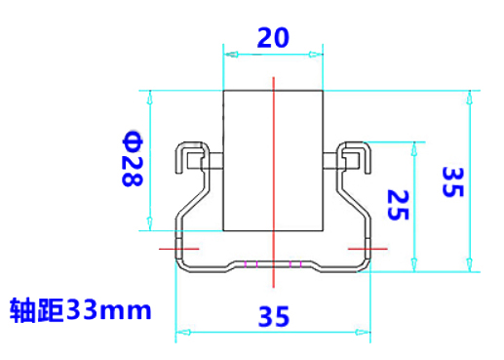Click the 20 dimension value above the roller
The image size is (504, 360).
click(273, 38)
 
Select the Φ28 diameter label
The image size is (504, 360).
click(133, 159)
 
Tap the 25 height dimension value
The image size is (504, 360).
click(398, 205)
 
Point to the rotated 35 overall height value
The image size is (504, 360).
click(452, 181)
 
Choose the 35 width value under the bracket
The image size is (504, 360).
click(274, 316)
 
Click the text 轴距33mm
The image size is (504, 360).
click(81, 310)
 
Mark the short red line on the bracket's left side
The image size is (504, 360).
click(178, 249)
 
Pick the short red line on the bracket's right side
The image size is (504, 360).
click(368, 249)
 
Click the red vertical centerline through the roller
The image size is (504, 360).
click(274, 182)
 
